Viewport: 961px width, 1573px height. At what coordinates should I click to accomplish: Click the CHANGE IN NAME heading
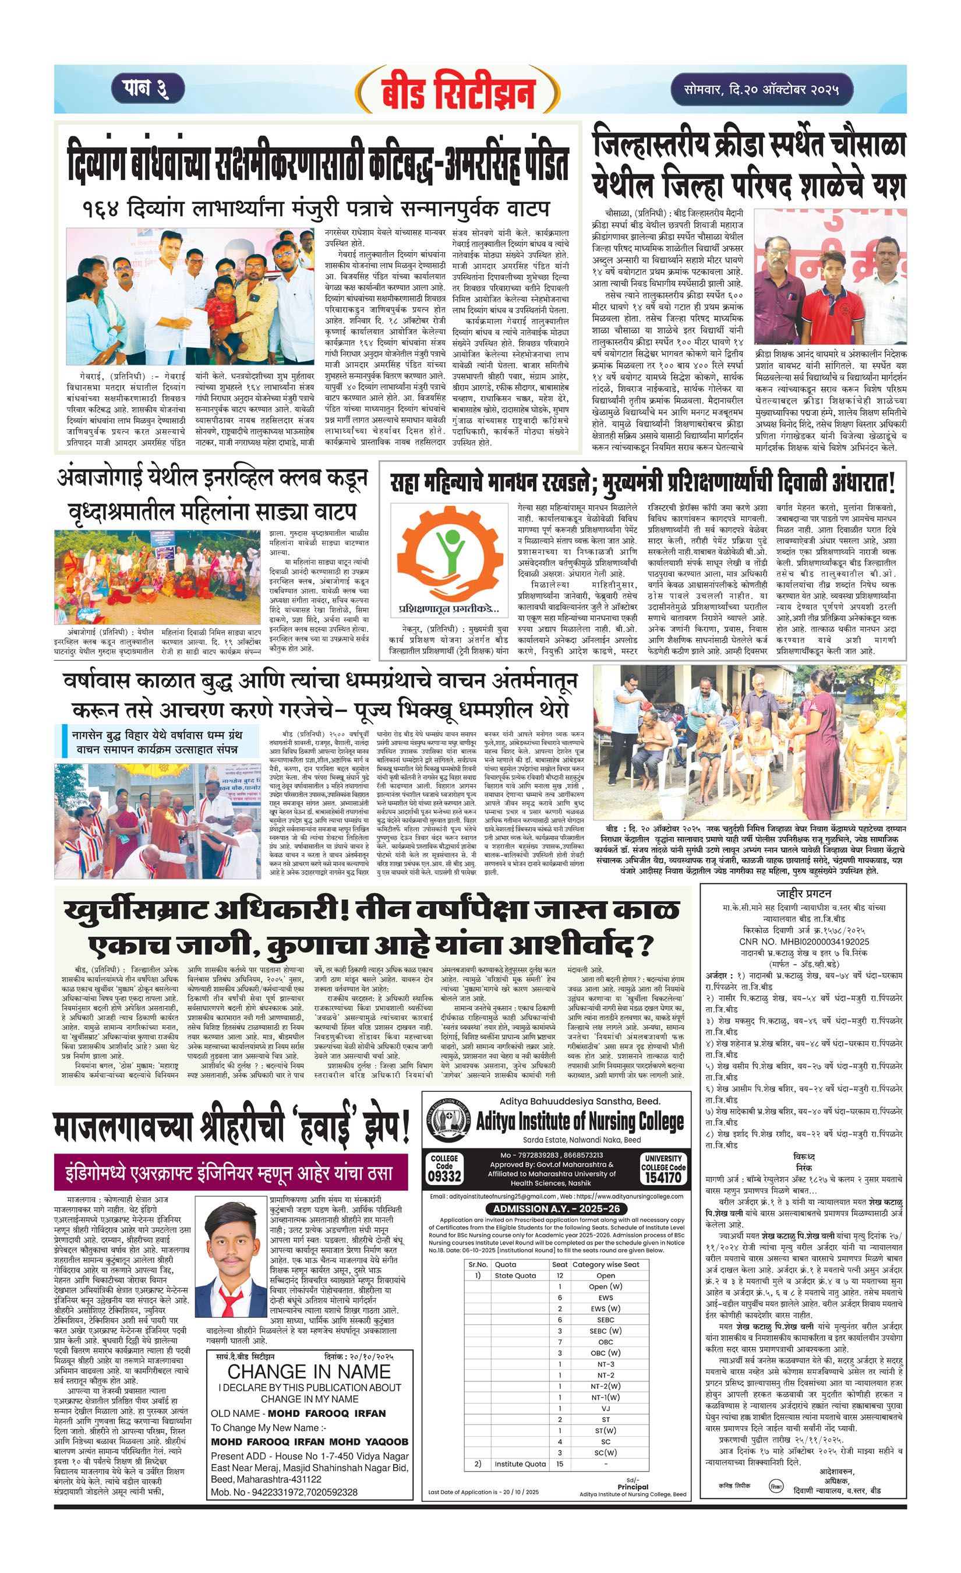[309, 1371]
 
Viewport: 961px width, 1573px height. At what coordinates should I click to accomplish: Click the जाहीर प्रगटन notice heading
[803, 893]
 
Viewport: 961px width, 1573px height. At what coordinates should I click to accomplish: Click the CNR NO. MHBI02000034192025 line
[803, 941]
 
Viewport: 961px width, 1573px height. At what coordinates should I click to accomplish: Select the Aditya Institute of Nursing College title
[580, 1121]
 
